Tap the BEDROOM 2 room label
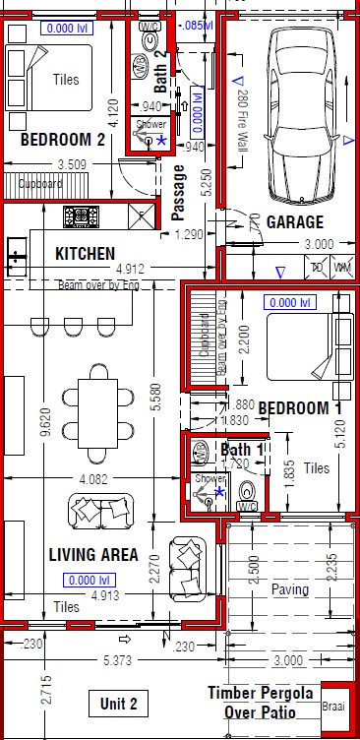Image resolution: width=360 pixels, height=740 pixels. click(x=63, y=141)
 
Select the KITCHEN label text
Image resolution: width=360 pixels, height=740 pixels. click(x=85, y=254)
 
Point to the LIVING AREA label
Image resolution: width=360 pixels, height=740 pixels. click(x=93, y=555)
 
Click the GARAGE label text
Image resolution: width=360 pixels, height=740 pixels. click(x=295, y=222)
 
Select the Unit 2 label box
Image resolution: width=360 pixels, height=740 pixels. click(x=125, y=703)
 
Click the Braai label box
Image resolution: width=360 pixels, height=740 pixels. click(x=334, y=706)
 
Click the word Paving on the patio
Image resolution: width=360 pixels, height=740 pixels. click(x=291, y=590)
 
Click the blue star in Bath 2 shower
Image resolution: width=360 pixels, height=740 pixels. click(x=161, y=141)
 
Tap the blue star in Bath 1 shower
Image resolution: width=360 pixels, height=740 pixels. click(x=219, y=490)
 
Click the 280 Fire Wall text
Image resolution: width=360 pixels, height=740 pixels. click(x=241, y=113)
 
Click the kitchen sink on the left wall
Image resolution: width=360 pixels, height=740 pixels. click(x=16, y=258)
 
